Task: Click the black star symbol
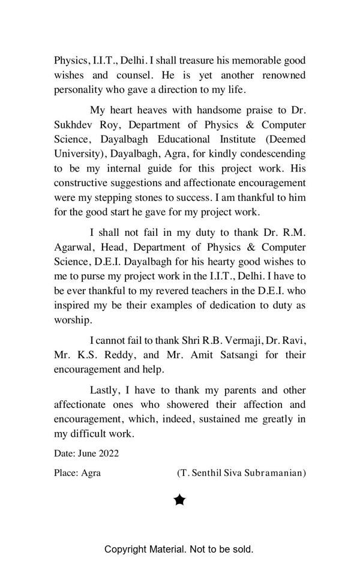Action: pyautogui.click(x=179, y=500)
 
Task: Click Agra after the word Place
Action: pyautogui.click(x=91, y=473)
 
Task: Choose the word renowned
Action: pyautogui.click(x=280, y=75)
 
